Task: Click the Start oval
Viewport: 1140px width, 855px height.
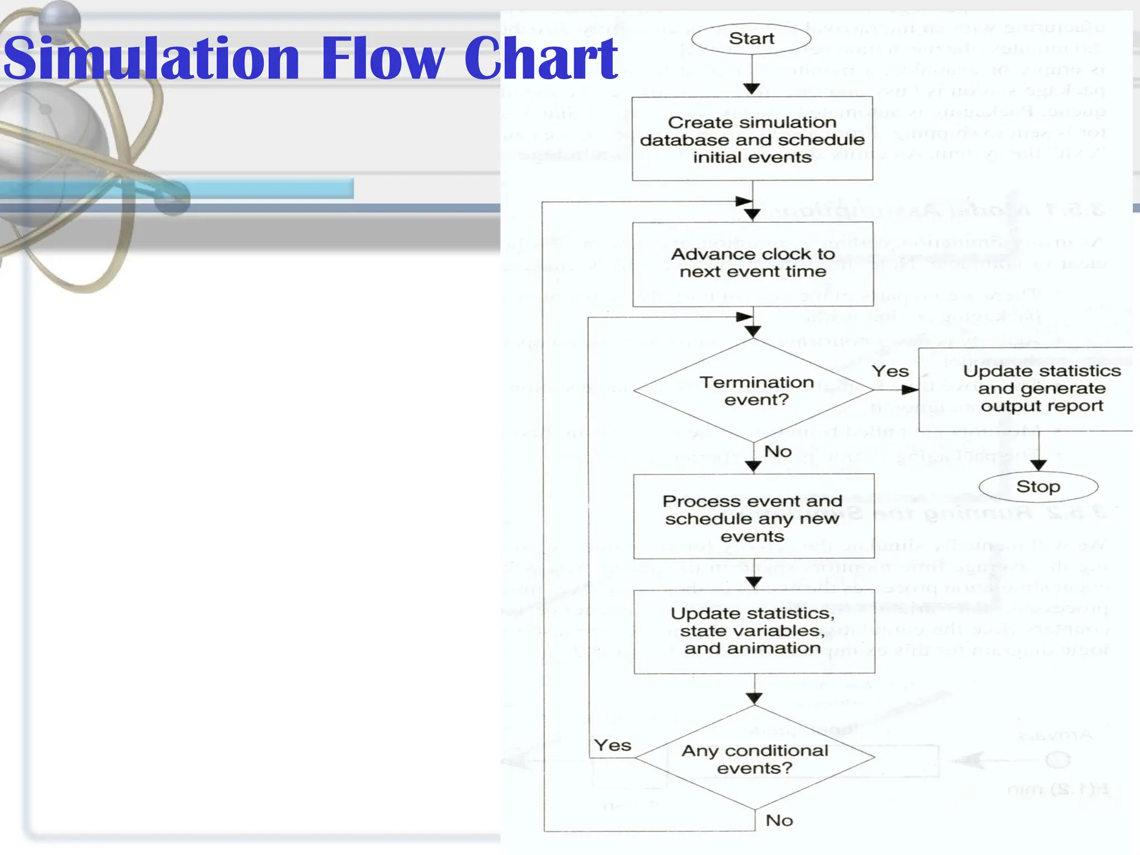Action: click(751, 38)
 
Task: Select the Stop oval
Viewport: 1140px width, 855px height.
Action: click(1038, 487)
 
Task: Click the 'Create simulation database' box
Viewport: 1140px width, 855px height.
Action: click(752, 139)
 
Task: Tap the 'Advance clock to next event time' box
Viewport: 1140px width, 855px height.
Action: click(753, 263)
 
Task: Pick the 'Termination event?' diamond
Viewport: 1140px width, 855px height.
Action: click(754, 390)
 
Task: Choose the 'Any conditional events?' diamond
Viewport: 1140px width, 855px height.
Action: click(755, 758)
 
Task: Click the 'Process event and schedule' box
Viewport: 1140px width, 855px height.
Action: click(753, 517)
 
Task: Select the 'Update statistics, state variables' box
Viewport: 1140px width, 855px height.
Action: click(754, 631)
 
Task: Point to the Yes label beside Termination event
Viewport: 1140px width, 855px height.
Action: click(890, 371)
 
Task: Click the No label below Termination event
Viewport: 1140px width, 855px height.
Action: click(778, 451)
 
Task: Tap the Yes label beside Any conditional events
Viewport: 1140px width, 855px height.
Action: click(612, 745)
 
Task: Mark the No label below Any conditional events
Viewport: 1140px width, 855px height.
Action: click(779, 820)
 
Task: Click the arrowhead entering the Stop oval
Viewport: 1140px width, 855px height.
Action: click(1039, 465)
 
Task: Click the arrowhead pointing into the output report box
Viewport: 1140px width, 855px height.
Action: click(910, 390)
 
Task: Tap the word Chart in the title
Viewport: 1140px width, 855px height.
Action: click(540, 58)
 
